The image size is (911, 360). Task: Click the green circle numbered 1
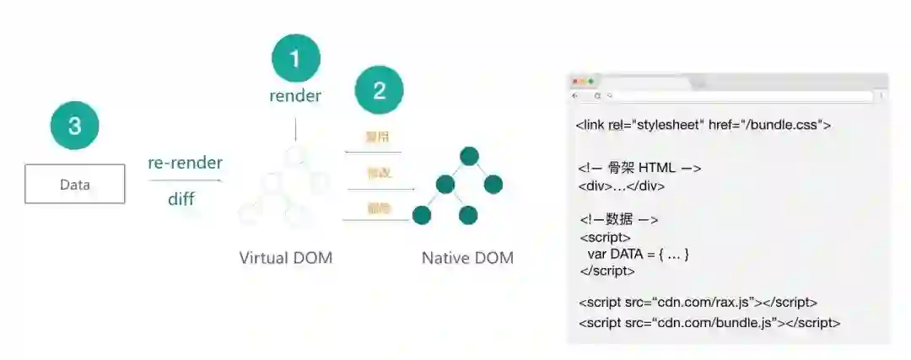pos(295,58)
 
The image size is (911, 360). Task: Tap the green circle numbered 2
pos(379,90)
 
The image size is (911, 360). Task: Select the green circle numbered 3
pos(74,126)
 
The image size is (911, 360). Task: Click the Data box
pos(75,185)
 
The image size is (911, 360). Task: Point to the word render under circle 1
pos(295,96)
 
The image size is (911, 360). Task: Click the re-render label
pos(185,163)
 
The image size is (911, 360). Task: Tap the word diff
pos(181,200)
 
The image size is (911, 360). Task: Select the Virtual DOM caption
pos(286,258)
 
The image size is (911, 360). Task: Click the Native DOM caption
pos(467,258)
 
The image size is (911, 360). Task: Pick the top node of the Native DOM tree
pos(469,156)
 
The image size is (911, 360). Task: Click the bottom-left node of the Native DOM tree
pos(422,215)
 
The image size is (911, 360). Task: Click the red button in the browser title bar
pos(576,81)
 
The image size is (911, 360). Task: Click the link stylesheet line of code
pos(703,125)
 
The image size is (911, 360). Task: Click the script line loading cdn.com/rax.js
pos(698,302)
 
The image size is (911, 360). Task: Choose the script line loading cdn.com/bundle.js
pos(709,323)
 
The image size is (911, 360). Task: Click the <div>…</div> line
pos(622,186)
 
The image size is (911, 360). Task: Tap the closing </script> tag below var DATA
pos(607,271)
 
